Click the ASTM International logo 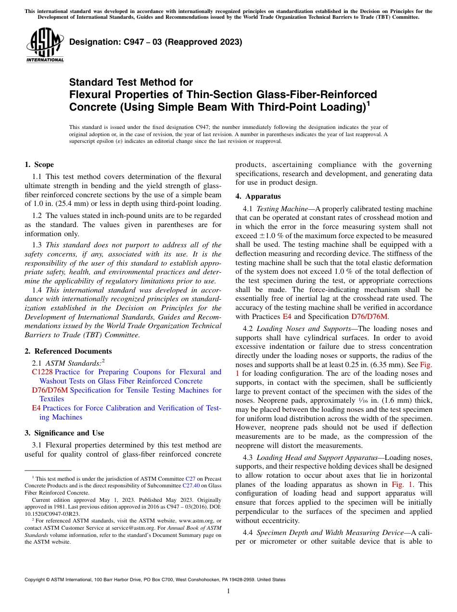pos(44,46)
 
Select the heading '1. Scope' pos(39,165)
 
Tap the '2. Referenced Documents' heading pos(68,351)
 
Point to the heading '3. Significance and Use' pos(64,433)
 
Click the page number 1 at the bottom pos(228,591)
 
